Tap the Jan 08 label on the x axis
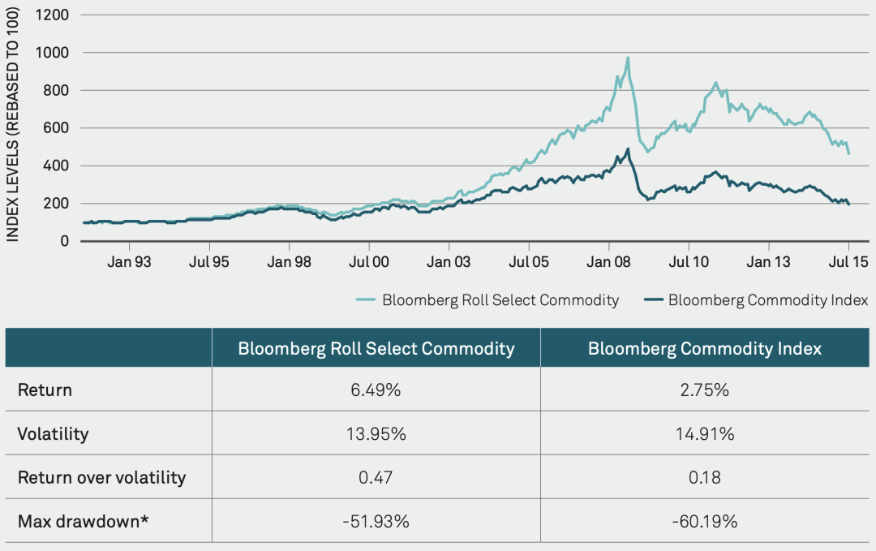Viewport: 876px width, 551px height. (x=608, y=262)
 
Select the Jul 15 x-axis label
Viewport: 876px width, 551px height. (x=848, y=262)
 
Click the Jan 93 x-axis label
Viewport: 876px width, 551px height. (x=129, y=262)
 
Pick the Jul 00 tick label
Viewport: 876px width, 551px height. (x=369, y=262)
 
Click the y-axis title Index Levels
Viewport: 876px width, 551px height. (x=13, y=129)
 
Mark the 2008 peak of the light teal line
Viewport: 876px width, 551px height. (x=628, y=58)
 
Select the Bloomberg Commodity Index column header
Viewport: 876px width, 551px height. (x=705, y=349)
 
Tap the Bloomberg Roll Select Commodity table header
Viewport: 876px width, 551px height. (x=376, y=349)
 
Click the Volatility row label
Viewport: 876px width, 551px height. (x=53, y=434)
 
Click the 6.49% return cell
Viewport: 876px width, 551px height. (x=376, y=390)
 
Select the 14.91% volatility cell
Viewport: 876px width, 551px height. (x=705, y=434)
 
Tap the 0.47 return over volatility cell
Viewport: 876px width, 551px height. (x=376, y=477)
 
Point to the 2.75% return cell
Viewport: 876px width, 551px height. (x=705, y=390)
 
